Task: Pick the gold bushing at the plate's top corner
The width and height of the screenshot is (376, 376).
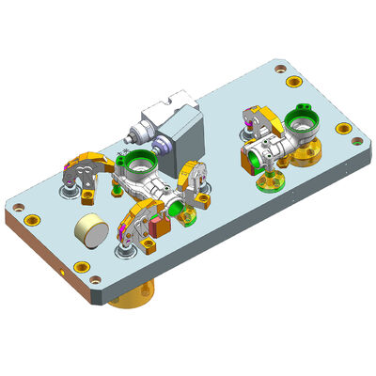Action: point(279,67)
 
